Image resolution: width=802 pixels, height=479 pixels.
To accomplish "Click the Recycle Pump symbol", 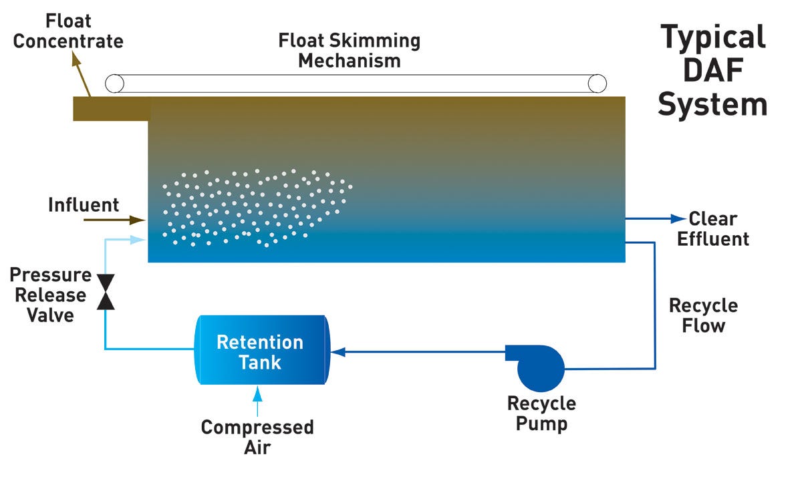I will (539, 368).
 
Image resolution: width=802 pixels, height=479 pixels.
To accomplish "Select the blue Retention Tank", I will (261, 350).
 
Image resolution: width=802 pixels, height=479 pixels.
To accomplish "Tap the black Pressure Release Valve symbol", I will (106, 292).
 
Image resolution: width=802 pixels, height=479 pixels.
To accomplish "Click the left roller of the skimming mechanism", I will (115, 83).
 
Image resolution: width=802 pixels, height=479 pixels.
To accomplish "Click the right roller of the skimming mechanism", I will (597, 83).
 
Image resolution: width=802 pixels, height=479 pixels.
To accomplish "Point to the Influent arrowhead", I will (140, 219).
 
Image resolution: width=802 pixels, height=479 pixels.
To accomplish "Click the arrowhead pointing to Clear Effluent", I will (678, 218).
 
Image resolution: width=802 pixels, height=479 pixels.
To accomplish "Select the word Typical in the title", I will (712, 37).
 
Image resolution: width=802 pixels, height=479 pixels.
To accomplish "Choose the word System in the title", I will (712, 105).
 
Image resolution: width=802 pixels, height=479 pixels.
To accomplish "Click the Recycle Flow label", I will (703, 316).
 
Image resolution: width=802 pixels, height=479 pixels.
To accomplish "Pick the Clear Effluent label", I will (712, 228).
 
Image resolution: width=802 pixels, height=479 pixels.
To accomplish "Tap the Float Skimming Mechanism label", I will (350, 51).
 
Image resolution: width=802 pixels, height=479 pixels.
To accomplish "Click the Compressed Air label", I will (257, 436).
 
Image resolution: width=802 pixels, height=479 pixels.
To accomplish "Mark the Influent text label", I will (83, 204).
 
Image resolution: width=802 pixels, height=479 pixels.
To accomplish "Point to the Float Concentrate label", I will (68, 31).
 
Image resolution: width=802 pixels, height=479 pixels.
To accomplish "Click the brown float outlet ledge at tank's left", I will (110, 109).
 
